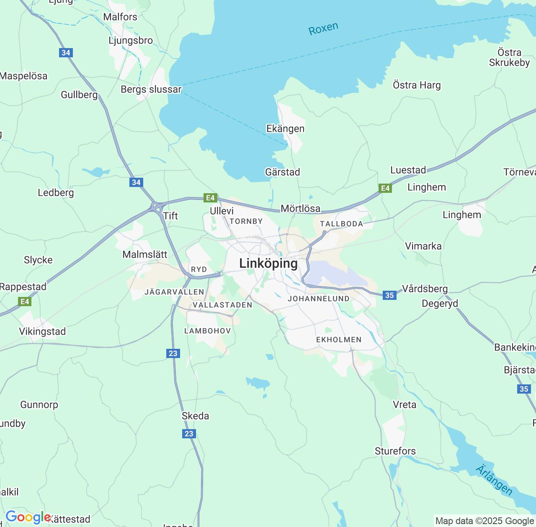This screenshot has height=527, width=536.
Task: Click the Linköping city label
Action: tap(268, 263)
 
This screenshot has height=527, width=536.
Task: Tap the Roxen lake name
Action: tap(323, 29)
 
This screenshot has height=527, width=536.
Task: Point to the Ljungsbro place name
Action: tap(131, 41)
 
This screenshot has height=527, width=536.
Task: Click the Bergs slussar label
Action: tap(151, 90)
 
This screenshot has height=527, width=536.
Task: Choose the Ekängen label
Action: tap(286, 128)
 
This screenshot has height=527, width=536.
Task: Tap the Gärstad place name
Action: tap(283, 172)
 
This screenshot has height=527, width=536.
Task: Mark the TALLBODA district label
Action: tap(341, 224)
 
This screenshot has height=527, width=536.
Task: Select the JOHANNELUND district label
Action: tap(319, 299)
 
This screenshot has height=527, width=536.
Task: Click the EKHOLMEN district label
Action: tap(339, 340)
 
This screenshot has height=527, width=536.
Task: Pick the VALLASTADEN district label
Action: tap(222, 305)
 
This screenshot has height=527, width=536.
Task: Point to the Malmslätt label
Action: tap(145, 254)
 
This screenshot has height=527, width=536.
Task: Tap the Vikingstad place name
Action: tap(42, 331)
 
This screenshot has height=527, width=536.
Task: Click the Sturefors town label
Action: tap(395, 451)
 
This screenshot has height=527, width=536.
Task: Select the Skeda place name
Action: tap(195, 416)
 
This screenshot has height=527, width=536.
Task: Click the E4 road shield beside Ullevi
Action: tap(210, 198)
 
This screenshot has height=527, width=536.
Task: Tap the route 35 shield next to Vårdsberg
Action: tap(389, 295)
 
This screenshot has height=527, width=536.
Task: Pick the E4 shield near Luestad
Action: tap(385, 188)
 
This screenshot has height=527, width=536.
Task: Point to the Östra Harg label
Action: tap(417, 85)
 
